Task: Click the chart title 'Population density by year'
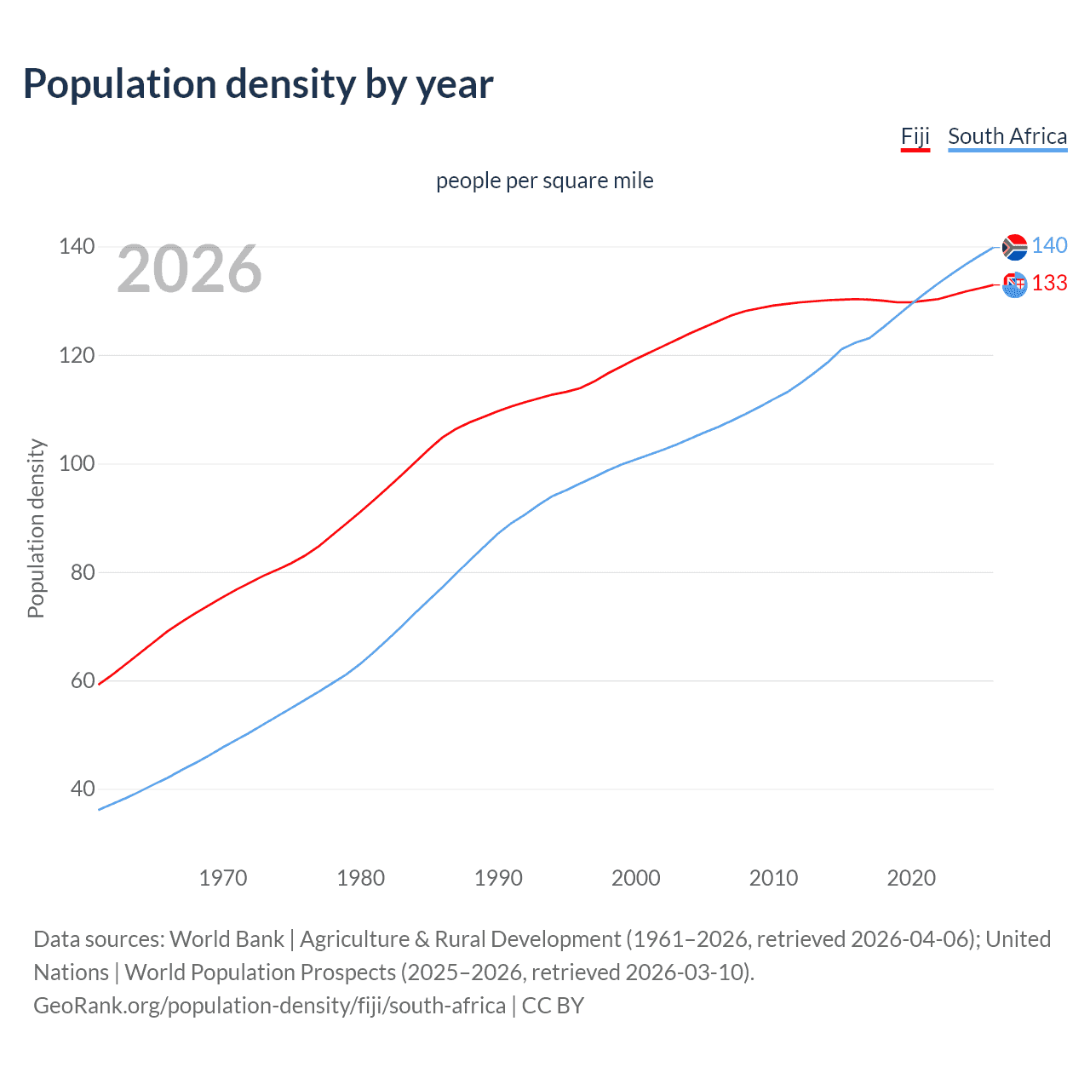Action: [x=258, y=83]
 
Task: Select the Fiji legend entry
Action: [x=915, y=136]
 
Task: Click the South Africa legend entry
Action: [x=1007, y=136]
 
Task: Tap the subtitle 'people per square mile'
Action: [x=545, y=181]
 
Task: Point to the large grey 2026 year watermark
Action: [x=189, y=269]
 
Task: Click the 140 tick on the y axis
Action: [x=77, y=247]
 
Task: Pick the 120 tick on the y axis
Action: [x=77, y=355]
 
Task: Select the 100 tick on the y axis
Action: [x=77, y=464]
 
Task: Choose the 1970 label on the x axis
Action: [x=223, y=878]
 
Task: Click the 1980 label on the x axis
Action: [x=361, y=878]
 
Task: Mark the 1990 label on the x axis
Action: [x=498, y=878]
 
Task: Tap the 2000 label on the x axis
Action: [x=636, y=878]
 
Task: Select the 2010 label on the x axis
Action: [x=773, y=878]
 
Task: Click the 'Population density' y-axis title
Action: [x=36, y=528]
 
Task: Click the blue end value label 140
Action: [x=1049, y=246]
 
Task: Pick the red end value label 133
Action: [x=1049, y=284]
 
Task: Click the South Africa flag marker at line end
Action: [x=1014, y=247]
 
